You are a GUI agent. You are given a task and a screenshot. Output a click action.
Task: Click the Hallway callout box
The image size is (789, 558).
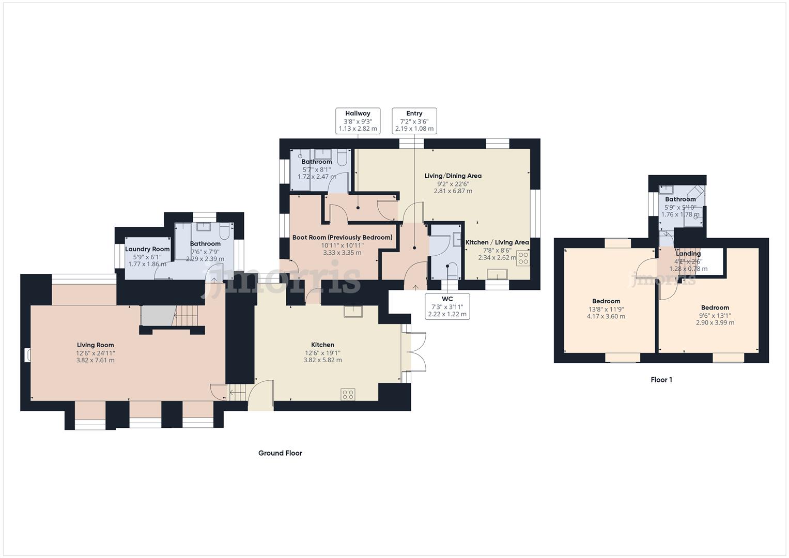coord(358,121)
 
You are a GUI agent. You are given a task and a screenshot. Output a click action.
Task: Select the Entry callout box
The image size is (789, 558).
coord(414,121)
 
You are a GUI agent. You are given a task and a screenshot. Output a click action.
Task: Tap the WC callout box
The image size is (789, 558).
coord(447,306)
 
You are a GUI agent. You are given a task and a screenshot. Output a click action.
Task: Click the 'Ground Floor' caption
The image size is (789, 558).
coord(280,453)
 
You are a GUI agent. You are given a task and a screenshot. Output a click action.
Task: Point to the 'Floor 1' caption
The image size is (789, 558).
coord(661,380)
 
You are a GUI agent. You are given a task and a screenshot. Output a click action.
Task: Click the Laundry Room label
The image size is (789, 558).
coord(147,249)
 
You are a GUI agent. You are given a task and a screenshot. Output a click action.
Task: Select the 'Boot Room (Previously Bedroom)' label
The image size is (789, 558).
coord(342,238)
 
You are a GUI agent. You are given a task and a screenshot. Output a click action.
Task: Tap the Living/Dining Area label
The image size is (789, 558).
coord(453,176)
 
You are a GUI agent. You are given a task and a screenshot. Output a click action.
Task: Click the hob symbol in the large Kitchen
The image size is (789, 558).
coord(348,395)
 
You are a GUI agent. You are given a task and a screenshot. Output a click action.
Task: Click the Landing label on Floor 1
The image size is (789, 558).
coord(688,254)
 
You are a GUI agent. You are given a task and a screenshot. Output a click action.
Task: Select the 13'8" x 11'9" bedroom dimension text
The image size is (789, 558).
coord(606,309)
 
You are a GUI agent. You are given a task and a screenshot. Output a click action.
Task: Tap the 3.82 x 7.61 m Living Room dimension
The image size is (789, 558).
coord(95,360)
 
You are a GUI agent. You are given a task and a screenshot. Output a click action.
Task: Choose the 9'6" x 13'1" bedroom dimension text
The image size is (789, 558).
coord(715,315)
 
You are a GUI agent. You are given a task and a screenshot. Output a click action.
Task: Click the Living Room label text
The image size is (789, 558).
coord(95,345)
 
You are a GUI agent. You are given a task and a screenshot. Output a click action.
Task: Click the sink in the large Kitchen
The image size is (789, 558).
coord(354,311)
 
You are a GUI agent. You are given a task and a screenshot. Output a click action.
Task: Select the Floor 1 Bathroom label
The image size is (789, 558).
coord(680,199)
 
